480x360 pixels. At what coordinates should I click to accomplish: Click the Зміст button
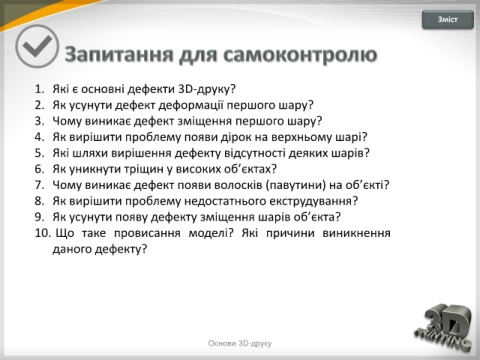pos(448,20)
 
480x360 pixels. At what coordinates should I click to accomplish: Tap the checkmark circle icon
pos(37,46)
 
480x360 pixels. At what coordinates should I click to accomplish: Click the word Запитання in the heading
pos(119,55)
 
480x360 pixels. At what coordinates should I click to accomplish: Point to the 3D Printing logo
pos(444,327)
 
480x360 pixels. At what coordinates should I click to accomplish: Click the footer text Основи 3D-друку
pos(240,343)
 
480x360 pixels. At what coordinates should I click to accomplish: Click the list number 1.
pos(39,89)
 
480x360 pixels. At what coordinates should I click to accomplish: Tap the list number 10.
pos(43,233)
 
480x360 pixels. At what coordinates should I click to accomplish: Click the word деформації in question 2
pos(191,105)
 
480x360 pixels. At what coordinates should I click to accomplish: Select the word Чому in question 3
pos(67,121)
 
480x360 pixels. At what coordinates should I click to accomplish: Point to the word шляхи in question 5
pos(90,153)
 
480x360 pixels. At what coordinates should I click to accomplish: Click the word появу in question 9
pos(131,217)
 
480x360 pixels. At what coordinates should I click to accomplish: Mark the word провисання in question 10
pos(147,233)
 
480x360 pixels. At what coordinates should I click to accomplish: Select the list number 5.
pos(39,153)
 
